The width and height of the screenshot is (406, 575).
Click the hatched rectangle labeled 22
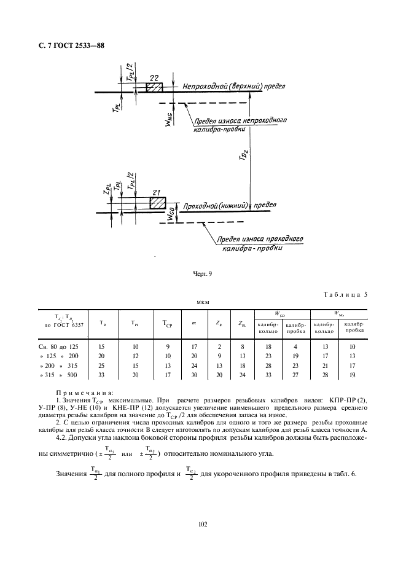[154, 87]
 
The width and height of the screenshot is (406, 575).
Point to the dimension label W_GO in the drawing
[171, 216]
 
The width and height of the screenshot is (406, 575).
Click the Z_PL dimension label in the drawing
[107, 189]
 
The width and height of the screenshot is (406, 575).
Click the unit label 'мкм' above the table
[203, 302]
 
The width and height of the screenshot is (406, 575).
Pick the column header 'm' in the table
[194, 323]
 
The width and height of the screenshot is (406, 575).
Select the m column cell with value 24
[194, 365]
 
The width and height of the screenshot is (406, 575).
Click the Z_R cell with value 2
[219, 347]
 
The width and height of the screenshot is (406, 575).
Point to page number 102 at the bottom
[203, 524]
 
